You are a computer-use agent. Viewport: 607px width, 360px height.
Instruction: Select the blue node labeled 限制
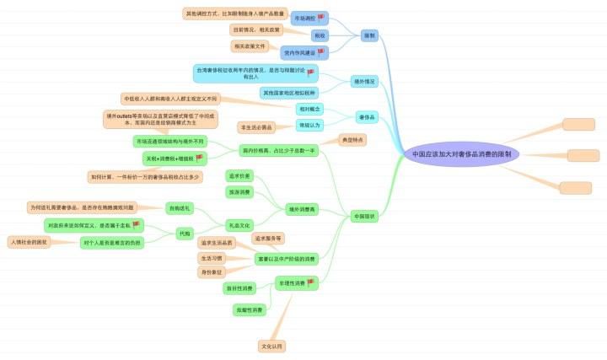pos(369,35)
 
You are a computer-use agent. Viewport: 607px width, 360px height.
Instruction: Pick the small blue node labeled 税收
pos(320,35)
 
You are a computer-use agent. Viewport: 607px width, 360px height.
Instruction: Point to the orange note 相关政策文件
pos(250,46)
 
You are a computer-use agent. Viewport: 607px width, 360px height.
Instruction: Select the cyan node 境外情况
pos(365,82)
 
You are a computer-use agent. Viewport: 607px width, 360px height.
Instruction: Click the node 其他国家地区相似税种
pos(287,93)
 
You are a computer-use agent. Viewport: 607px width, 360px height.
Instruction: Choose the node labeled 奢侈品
pos(367,116)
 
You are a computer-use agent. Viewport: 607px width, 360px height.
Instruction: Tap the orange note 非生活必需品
pos(256,127)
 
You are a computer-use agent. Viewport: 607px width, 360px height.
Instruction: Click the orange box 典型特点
pos(352,140)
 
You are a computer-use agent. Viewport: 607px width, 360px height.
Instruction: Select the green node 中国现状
pos(364,216)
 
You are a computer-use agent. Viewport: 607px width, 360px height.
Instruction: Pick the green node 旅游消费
pos(240,192)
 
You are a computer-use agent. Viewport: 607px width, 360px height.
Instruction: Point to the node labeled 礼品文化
pos(239,225)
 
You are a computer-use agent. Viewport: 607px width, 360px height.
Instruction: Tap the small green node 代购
pos(185,233)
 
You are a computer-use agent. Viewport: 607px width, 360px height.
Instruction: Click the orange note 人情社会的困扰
pos(30,242)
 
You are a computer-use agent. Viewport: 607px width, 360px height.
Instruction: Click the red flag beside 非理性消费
pos(310,282)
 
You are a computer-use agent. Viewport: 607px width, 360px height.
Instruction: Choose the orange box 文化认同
pos(272,346)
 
